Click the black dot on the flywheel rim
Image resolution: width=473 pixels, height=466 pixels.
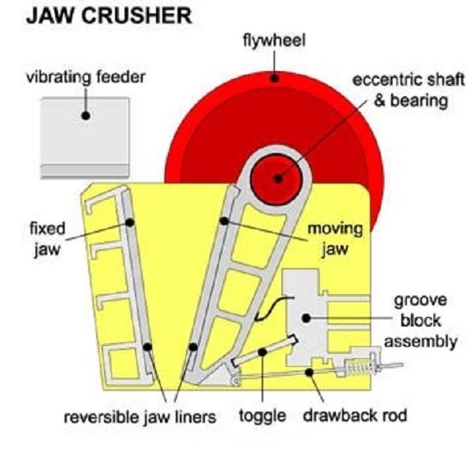[x=274, y=77]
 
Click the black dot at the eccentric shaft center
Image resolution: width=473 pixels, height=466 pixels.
[x=277, y=178]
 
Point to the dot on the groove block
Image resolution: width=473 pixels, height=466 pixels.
[x=305, y=317]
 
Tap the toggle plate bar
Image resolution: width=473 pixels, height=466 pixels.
[x=266, y=351]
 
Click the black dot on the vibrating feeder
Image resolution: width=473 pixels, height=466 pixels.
[x=84, y=115]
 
